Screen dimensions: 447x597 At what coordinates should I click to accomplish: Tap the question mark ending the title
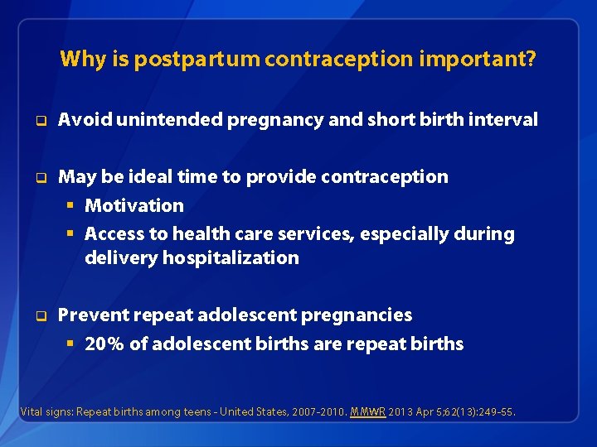531,60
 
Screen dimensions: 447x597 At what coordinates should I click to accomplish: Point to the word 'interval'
506,120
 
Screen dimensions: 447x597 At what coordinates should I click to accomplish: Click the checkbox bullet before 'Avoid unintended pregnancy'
38,121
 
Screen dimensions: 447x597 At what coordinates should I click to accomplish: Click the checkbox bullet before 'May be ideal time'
38,177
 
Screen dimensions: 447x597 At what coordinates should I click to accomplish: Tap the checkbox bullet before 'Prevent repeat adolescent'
38,315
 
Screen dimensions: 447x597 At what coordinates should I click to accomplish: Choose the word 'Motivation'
134,205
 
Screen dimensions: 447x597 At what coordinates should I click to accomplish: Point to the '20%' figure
104,344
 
